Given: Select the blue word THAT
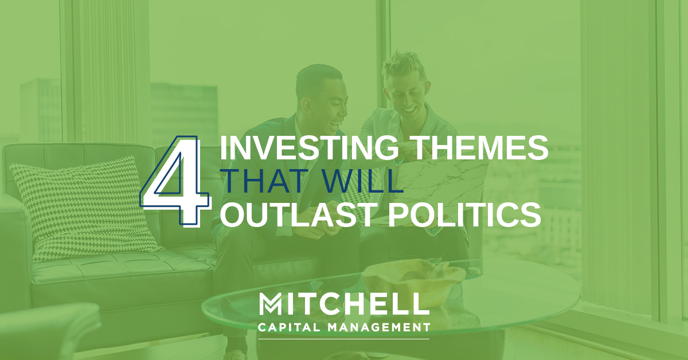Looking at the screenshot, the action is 265,181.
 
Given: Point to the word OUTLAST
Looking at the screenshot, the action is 298,215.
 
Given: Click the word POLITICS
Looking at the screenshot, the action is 464,215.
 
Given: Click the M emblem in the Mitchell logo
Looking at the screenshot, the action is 271,304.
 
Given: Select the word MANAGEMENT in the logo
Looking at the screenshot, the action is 379,327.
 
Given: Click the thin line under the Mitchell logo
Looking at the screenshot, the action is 344,339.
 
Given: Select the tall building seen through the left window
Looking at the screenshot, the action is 41,111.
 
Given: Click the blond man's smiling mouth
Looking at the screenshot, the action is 409,109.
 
